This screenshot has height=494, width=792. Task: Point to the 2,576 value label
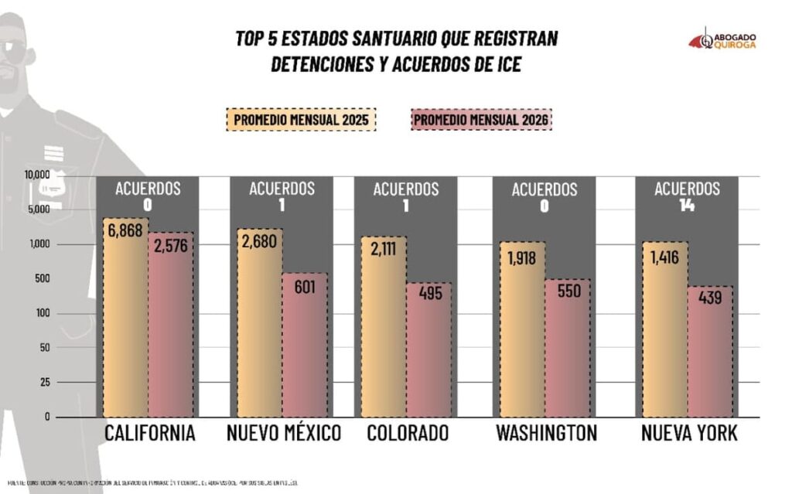(x=170, y=245)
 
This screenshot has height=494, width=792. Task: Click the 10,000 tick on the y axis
(x=36, y=175)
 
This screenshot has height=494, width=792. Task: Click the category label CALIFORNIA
(x=149, y=434)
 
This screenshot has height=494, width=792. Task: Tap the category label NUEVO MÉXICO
(x=284, y=434)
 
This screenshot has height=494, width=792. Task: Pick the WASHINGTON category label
(x=544, y=434)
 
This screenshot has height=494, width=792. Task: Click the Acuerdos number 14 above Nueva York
(x=687, y=205)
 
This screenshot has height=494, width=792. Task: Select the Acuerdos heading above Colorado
(x=406, y=189)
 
